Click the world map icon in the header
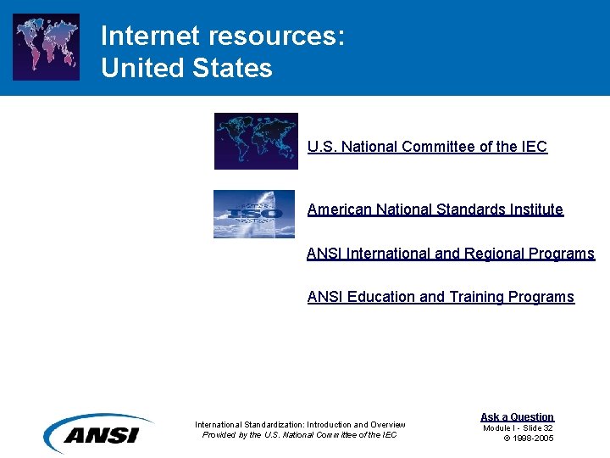pos(47,47)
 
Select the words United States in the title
pos(186,68)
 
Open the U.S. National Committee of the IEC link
pos(427,147)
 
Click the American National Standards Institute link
pos(435,209)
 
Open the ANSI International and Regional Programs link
pos(450,254)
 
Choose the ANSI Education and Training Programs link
pos(441,297)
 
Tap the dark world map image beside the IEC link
pos(256,141)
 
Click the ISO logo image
pos(254,214)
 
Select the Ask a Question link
pos(517,416)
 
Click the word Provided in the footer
pos(219,435)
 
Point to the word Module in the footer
pos(498,427)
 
